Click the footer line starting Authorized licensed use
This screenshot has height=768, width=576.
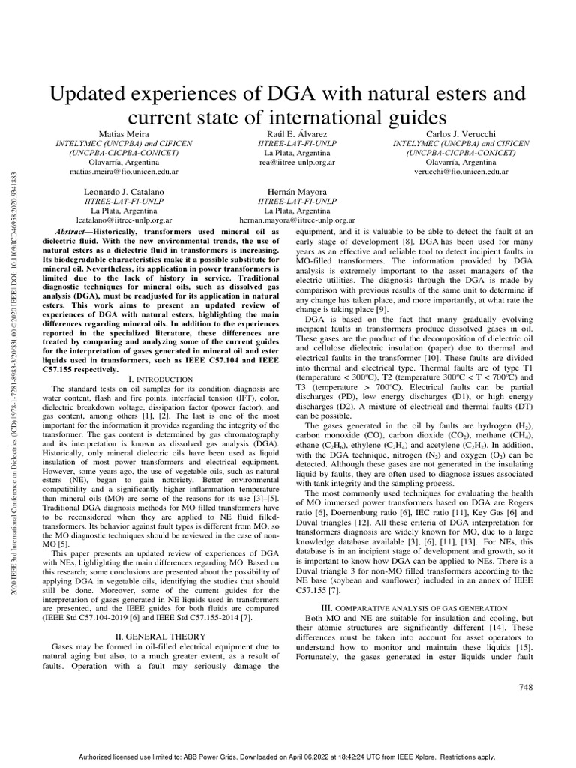click(287, 757)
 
